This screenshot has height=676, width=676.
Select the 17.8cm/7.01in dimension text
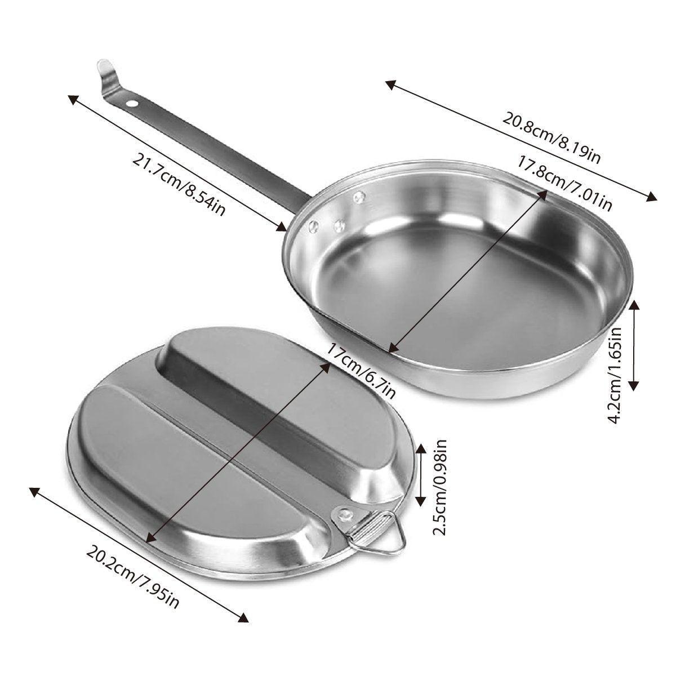564,184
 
